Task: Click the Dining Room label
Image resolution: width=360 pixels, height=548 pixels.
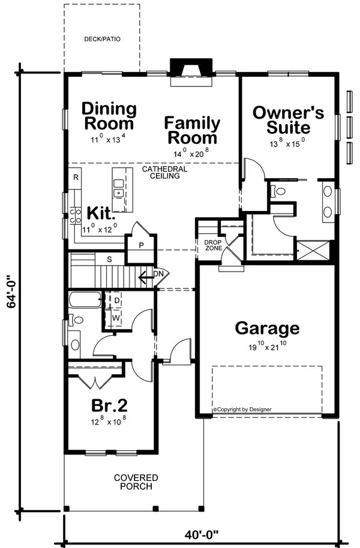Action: [109, 117]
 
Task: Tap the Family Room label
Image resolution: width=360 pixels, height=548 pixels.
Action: [192, 131]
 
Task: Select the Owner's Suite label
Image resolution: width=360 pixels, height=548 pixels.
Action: [288, 120]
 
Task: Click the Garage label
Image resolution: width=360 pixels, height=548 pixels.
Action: [266, 328]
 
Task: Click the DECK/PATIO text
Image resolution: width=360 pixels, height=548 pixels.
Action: [101, 40]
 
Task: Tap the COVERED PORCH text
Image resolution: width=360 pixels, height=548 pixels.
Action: [136, 482]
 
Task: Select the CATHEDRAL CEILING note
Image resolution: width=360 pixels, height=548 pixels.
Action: [164, 173]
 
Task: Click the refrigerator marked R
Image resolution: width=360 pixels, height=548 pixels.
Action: [76, 178]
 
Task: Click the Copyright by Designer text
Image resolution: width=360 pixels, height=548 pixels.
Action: [242, 410]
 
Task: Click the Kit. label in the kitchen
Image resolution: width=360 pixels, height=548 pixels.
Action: [98, 213]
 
